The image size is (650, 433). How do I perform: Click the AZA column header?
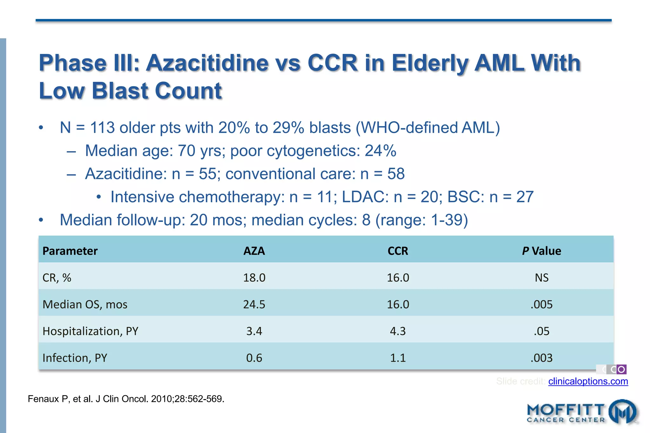point(254,251)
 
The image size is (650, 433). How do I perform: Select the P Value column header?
point(541,251)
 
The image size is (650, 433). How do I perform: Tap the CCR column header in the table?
point(398,251)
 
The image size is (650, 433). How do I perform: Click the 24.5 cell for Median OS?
point(254,305)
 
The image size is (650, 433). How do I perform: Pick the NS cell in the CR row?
point(541,278)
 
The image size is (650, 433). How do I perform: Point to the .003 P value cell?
point(541,358)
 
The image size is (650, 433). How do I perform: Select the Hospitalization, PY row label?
point(90,331)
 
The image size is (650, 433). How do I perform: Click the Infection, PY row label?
point(75,358)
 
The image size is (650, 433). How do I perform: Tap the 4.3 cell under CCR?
point(398,331)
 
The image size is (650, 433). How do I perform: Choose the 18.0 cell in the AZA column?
point(254,278)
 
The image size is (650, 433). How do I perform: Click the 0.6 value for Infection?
point(254,358)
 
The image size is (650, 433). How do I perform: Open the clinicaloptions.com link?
point(588,381)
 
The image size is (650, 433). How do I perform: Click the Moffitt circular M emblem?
point(623,412)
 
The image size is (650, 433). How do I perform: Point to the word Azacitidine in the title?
point(207,63)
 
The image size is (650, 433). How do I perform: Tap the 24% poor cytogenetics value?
point(380,151)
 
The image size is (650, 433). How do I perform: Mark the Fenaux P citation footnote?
point(126,399)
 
